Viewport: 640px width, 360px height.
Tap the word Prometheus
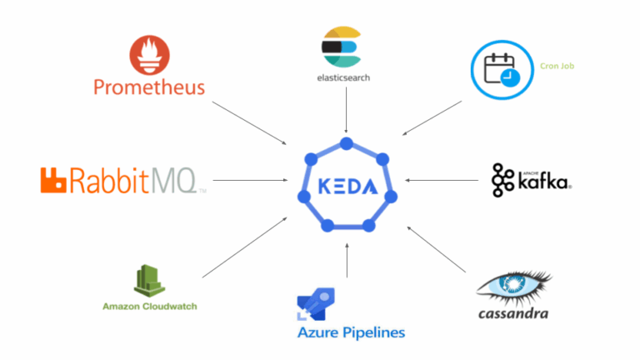(x=149, y=87)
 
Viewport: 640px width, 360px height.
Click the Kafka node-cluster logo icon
(x=503, y=179)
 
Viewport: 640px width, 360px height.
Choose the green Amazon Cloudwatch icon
(x=150, y=280)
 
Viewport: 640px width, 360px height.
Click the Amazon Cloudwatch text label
(x=150, y=306)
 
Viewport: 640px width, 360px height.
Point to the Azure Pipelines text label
(x=351, y=333)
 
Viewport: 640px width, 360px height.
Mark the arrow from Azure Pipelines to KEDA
(x=346, y=260)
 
